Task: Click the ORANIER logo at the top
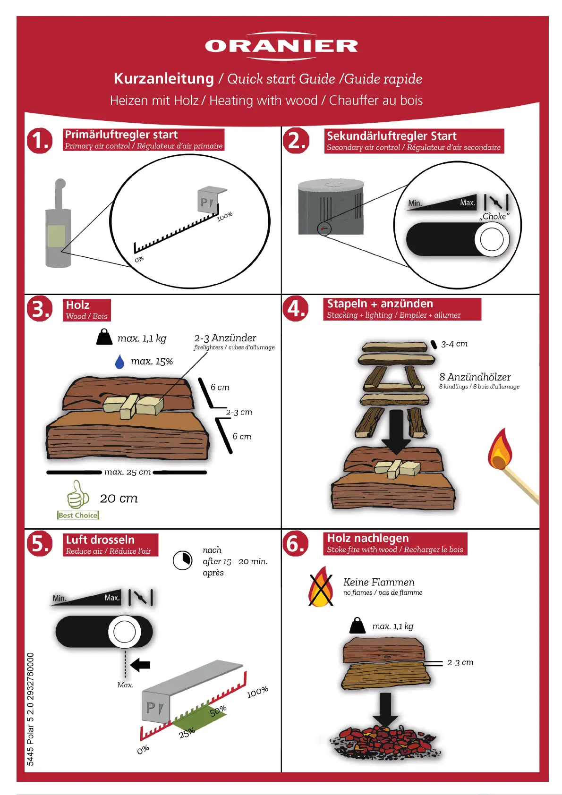tap(281, 46)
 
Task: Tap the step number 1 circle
tap(39, 141)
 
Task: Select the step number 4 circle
tap(295, 308)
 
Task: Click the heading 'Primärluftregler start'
tap(121, 135)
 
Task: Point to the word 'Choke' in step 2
tap(494, 216)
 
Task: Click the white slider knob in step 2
tap(492, 239)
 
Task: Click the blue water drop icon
tap(119, 362)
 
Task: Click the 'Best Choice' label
tap(78, 515)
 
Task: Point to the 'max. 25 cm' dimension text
tap(128, 472)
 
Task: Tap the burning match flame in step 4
tap(500, 449)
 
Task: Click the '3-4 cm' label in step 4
tap(454, 344)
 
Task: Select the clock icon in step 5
tap(182, 560)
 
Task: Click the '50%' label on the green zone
tap(218, 711)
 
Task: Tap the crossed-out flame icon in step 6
tap(321, 587)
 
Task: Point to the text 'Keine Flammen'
tap(378, 583)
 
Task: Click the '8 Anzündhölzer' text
tap(475, 377)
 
